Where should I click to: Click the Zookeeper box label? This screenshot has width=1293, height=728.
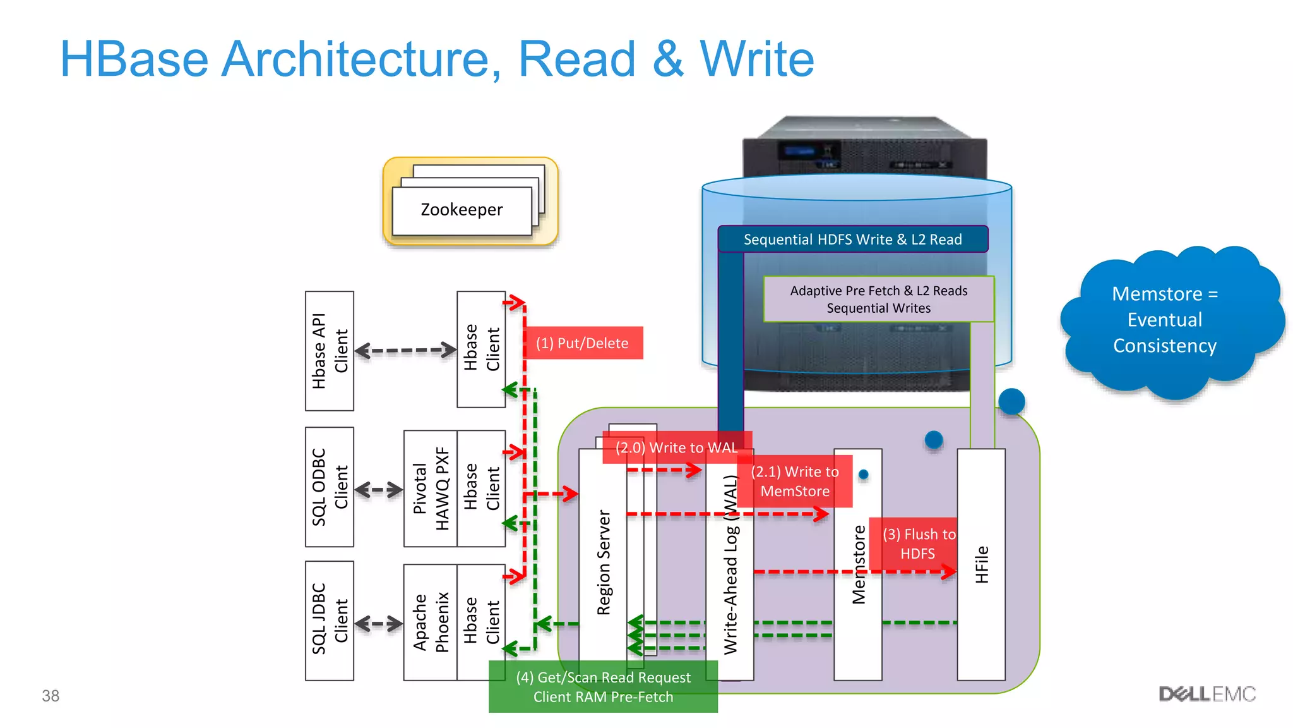[462, 210]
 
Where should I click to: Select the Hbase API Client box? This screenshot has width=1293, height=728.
[329, 351]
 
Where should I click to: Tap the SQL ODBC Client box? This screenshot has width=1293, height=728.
[329, 487]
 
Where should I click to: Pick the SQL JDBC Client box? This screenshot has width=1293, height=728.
[329, 621]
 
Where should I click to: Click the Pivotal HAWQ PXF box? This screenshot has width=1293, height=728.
[430, 488]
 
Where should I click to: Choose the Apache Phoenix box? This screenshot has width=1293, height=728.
[430, 622]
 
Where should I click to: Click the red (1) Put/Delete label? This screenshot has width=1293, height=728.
[582, 343]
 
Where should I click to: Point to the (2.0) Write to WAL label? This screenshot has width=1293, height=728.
[676, 447]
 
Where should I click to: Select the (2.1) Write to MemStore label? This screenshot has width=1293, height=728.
[794, 482]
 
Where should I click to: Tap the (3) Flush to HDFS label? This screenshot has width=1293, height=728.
[917, 543]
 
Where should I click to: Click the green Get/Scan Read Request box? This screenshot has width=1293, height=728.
[603, 687]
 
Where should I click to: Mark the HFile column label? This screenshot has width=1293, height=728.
[981, 564]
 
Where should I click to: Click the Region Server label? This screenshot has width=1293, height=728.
[604, 562]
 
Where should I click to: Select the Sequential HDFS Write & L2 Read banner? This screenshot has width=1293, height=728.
[852, 240]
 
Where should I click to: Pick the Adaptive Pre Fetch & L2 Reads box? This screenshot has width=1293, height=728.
[878, 299]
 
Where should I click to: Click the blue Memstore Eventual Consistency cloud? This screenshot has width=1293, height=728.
[1165, 320]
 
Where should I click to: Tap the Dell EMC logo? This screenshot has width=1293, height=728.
[1207, 695]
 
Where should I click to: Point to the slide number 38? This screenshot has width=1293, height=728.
[51, 696]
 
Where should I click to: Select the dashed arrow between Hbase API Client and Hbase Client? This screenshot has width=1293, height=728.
[405, 350]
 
